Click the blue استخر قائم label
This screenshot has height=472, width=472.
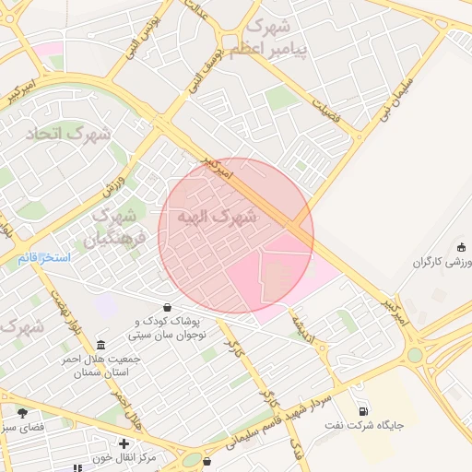coord(43,257)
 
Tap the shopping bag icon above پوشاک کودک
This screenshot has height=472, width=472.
coord(167,307)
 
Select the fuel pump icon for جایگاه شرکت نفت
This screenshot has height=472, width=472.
coord(365,411)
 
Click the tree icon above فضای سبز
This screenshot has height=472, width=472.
coord(22,412)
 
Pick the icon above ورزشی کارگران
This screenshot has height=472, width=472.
coord(461,247)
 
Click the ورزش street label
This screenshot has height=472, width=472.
coord(113,176)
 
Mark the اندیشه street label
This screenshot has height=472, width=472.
coord(301,328)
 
